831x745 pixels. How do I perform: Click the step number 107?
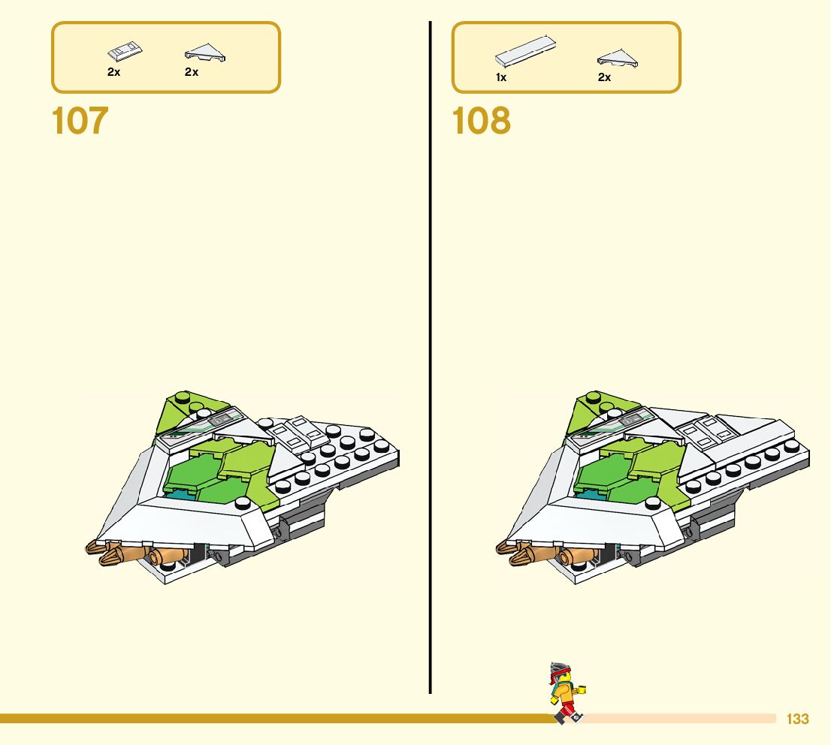coord(80,122)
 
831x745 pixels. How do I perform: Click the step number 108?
coord(482,122)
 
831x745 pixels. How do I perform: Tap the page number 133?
coord(797,719)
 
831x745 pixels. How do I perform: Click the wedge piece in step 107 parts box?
coord(205,53)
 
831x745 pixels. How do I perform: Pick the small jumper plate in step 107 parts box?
coord(125,52)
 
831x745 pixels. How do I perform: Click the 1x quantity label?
coord(500,77)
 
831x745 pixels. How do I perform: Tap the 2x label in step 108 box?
coord(604,77)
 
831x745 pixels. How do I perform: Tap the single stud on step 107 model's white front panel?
coord(242,503)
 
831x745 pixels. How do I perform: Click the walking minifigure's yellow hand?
coord(582,688)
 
